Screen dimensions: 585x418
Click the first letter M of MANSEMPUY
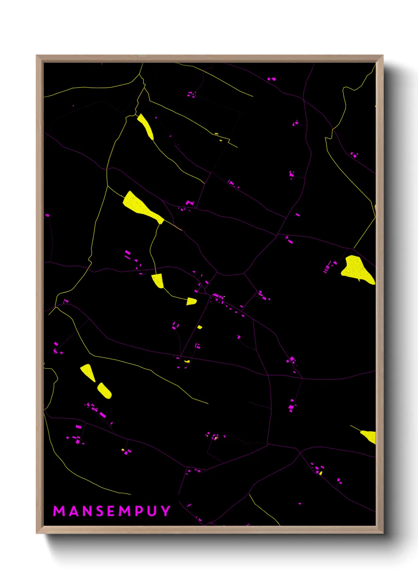click(59, 511)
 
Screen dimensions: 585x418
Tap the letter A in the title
click(74, 511)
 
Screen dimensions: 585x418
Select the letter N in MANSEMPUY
click(88, 511)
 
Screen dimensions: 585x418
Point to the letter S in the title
click(100, 511)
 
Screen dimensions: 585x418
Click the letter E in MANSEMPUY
click(111, 511)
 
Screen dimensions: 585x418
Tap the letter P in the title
click(139, 511)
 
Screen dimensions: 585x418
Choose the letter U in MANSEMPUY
click(152, 511)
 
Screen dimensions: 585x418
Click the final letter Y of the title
click(166, 511)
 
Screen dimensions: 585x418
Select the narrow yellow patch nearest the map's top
click(146, 126)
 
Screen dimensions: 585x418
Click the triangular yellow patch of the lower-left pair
click(88, 372)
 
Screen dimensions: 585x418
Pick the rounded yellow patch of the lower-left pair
click(104, 390)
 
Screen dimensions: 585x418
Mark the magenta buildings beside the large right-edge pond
click(329, 266)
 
